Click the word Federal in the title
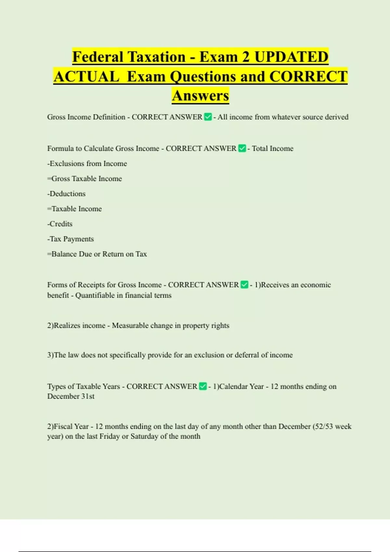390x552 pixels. (x=96, y=57)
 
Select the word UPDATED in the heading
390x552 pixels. (x=291, y=57)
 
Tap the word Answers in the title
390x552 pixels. (x=201, y=96)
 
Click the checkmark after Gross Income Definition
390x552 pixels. (x=208, y=117)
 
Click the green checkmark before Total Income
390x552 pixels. (x=242, y=148)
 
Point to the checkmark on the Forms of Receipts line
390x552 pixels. (x=244, y=285)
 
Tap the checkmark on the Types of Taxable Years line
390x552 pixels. (x=203, y=386)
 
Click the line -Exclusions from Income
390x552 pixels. (x=87, y=164)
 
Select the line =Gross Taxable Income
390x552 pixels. (x=84, y=179)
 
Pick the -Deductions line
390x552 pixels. (x=66, y=194)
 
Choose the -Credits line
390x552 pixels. (x=60, y=224)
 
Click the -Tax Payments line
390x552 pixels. (x=71, y=239)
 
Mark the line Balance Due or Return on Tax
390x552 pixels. (x=97, y=254)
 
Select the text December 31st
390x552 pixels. (x=71, y=396)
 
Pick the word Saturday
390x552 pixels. (x=144, y=436)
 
